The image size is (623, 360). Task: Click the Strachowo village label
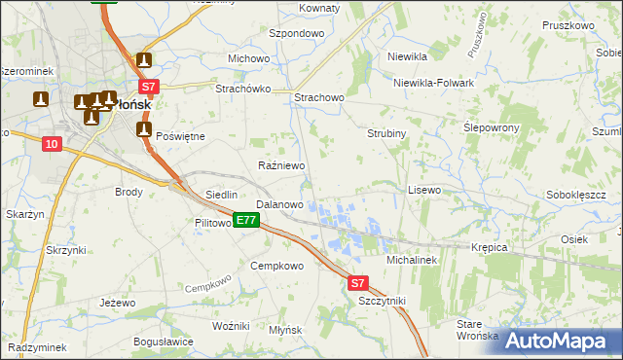319,98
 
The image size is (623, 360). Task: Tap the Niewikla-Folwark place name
433,83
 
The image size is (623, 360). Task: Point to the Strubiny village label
385,132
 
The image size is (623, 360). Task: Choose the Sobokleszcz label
576,195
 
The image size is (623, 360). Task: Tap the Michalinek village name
414,261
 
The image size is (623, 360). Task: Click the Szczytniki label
381,302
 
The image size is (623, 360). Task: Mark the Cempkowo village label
277,266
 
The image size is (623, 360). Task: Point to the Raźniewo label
281,166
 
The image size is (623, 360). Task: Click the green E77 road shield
245,221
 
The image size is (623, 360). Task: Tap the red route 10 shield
52,144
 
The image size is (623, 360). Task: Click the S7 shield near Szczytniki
358,283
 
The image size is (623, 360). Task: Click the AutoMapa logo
555,341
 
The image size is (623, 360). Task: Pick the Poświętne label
180,136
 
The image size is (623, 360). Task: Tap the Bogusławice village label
163,342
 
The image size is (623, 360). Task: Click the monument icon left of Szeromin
41,98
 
